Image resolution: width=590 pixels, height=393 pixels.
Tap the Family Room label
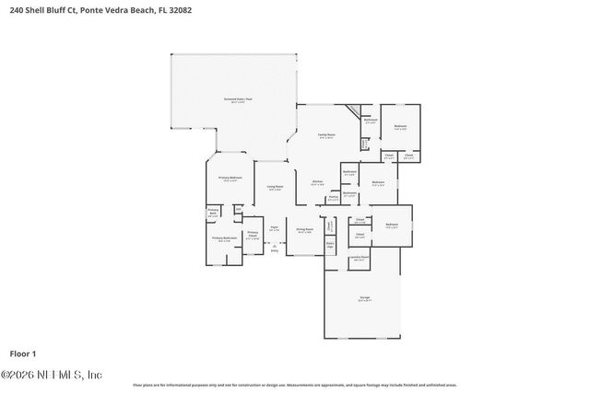click(x=326, y=135)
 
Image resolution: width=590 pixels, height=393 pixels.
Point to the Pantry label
click(x=333, y=197)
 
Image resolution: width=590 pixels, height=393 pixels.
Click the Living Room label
click(x=275, y=188)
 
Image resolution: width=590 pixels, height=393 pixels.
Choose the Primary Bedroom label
click(x=230, y=179)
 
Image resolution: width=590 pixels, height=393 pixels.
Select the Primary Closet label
click(x=253, y=235)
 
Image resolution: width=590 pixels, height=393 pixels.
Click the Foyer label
click(x=274, y=228)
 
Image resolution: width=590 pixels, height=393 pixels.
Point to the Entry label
click(x=274, y=249)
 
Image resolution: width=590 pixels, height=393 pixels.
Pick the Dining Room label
click(x=304, y=230)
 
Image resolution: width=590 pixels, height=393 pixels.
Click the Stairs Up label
click(x=330, y=246)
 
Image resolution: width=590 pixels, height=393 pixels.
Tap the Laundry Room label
click(x=360, y=260)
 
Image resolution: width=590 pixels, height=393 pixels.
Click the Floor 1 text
click(x=22, y=353)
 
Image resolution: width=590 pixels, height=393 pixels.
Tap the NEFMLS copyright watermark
click(x=52, y=375)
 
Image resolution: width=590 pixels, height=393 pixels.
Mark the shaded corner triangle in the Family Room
click(x=352, y=110)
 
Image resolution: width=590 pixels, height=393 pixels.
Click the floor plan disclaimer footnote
click(x=295, y=385)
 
